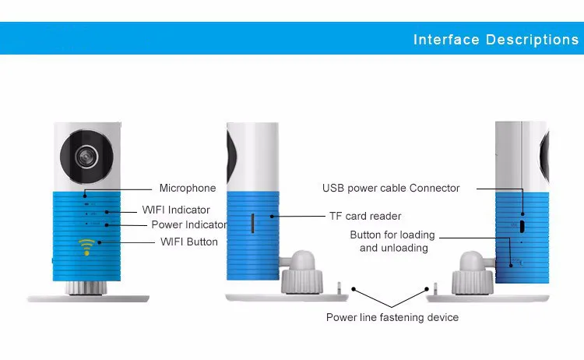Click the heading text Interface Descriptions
pyautogui.click(x=496, y=40)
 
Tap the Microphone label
pyautogui.click(x=188, y=188)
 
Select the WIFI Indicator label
pyautogui.click(x=176, y=210)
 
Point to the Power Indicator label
pyautogui.click(x=189, y=224)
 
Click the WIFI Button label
pyautogui.click(x=189, y=242)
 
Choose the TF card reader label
pyautogui.click(x=365, y=216)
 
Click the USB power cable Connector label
pyautogui.click(x=391, y=189)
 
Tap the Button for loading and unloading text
pyautogui.click(x=392, y=241)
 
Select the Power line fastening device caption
pyautogui.click(x=392, y=317)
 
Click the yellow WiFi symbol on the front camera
pyautogui.click(x=86, y=247)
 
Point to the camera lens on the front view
pyautogui.click(x=86, y=157)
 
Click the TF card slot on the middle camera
pyautogui.click(x=252, y=224)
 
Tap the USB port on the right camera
pyautogui.click(x=522, y=226)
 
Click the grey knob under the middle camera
pyautogui.click(x=301, y=272)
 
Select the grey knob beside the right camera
pyautogui.click(x=473, y=273)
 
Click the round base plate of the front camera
pyautogui.click(x=88, y=298)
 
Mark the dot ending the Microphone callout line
pyautogui.click(x=85, y=196)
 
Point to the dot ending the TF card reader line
pyautogui.click(x=272, y=216)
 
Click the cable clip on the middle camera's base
pyautogui.click(x=339, y=288)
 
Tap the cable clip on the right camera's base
pyautogui.click(x=435, y=288)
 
